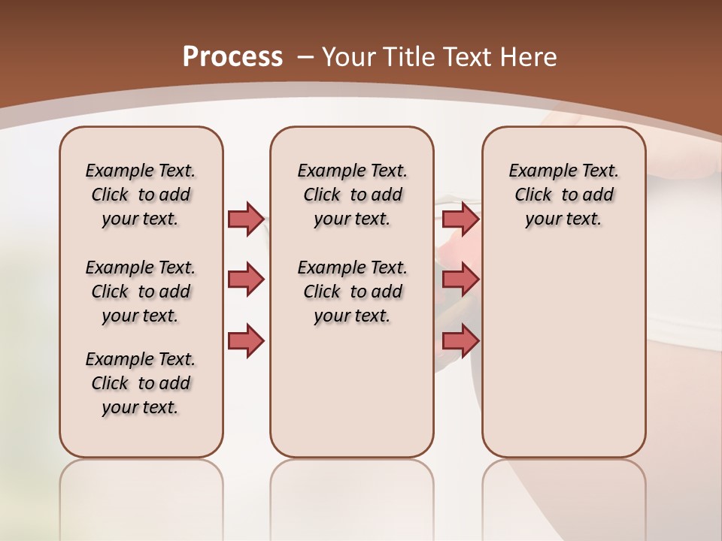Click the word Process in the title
tap(232, 56)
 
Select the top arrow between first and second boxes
tap(246, 219)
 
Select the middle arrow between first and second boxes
tap(246, 280)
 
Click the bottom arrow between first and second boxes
tap(246, 340)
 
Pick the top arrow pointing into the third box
tap(460, 219)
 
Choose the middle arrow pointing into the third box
tap(460, 280)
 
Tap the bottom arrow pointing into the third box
tap(460, 340)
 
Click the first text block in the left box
tap(141, 195)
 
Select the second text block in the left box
tap(141, 292)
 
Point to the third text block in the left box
tap(141, 383)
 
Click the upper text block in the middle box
tap(352, 195)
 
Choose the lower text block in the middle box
tap(352, 292)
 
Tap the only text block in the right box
tap(563, 195)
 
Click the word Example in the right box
tap(535, 171)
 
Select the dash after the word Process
tap(306, 56)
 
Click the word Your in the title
tap(348, 56)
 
